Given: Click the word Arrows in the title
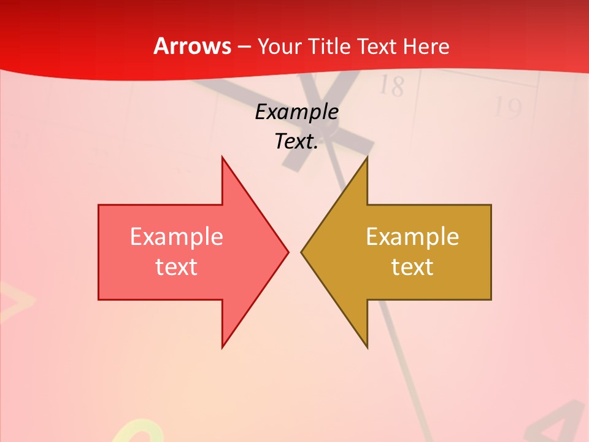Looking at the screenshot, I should click(192, 47).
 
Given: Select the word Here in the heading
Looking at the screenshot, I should click(426, 47).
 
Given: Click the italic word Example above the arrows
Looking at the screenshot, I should click(296, 112).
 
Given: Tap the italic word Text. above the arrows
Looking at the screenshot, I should click(296, 142).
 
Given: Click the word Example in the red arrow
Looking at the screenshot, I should click(177, 237).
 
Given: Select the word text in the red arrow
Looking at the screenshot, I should click(177, 267).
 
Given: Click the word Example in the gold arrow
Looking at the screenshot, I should click(412, 237).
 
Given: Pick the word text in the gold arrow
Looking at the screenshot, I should click(412, 267).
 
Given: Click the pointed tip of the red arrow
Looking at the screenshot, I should click(288, 252).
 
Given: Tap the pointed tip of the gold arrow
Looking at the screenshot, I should click(301, 252).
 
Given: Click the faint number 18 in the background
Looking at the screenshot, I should click(391, 86).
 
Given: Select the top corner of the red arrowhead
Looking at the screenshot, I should click(223, 158).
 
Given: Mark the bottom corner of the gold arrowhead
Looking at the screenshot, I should click(367, 347).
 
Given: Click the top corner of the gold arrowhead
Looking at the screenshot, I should click(367, 158).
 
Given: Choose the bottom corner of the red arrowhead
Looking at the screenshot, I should click(223, 347).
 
